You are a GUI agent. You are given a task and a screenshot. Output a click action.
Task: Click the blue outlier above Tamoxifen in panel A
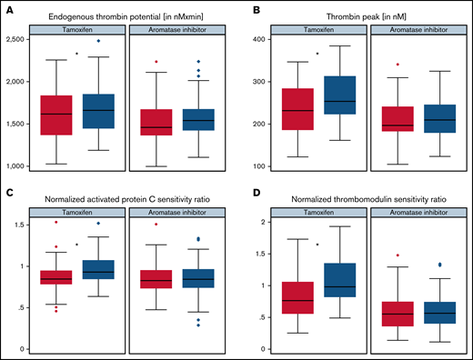click(x=99, y=42)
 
